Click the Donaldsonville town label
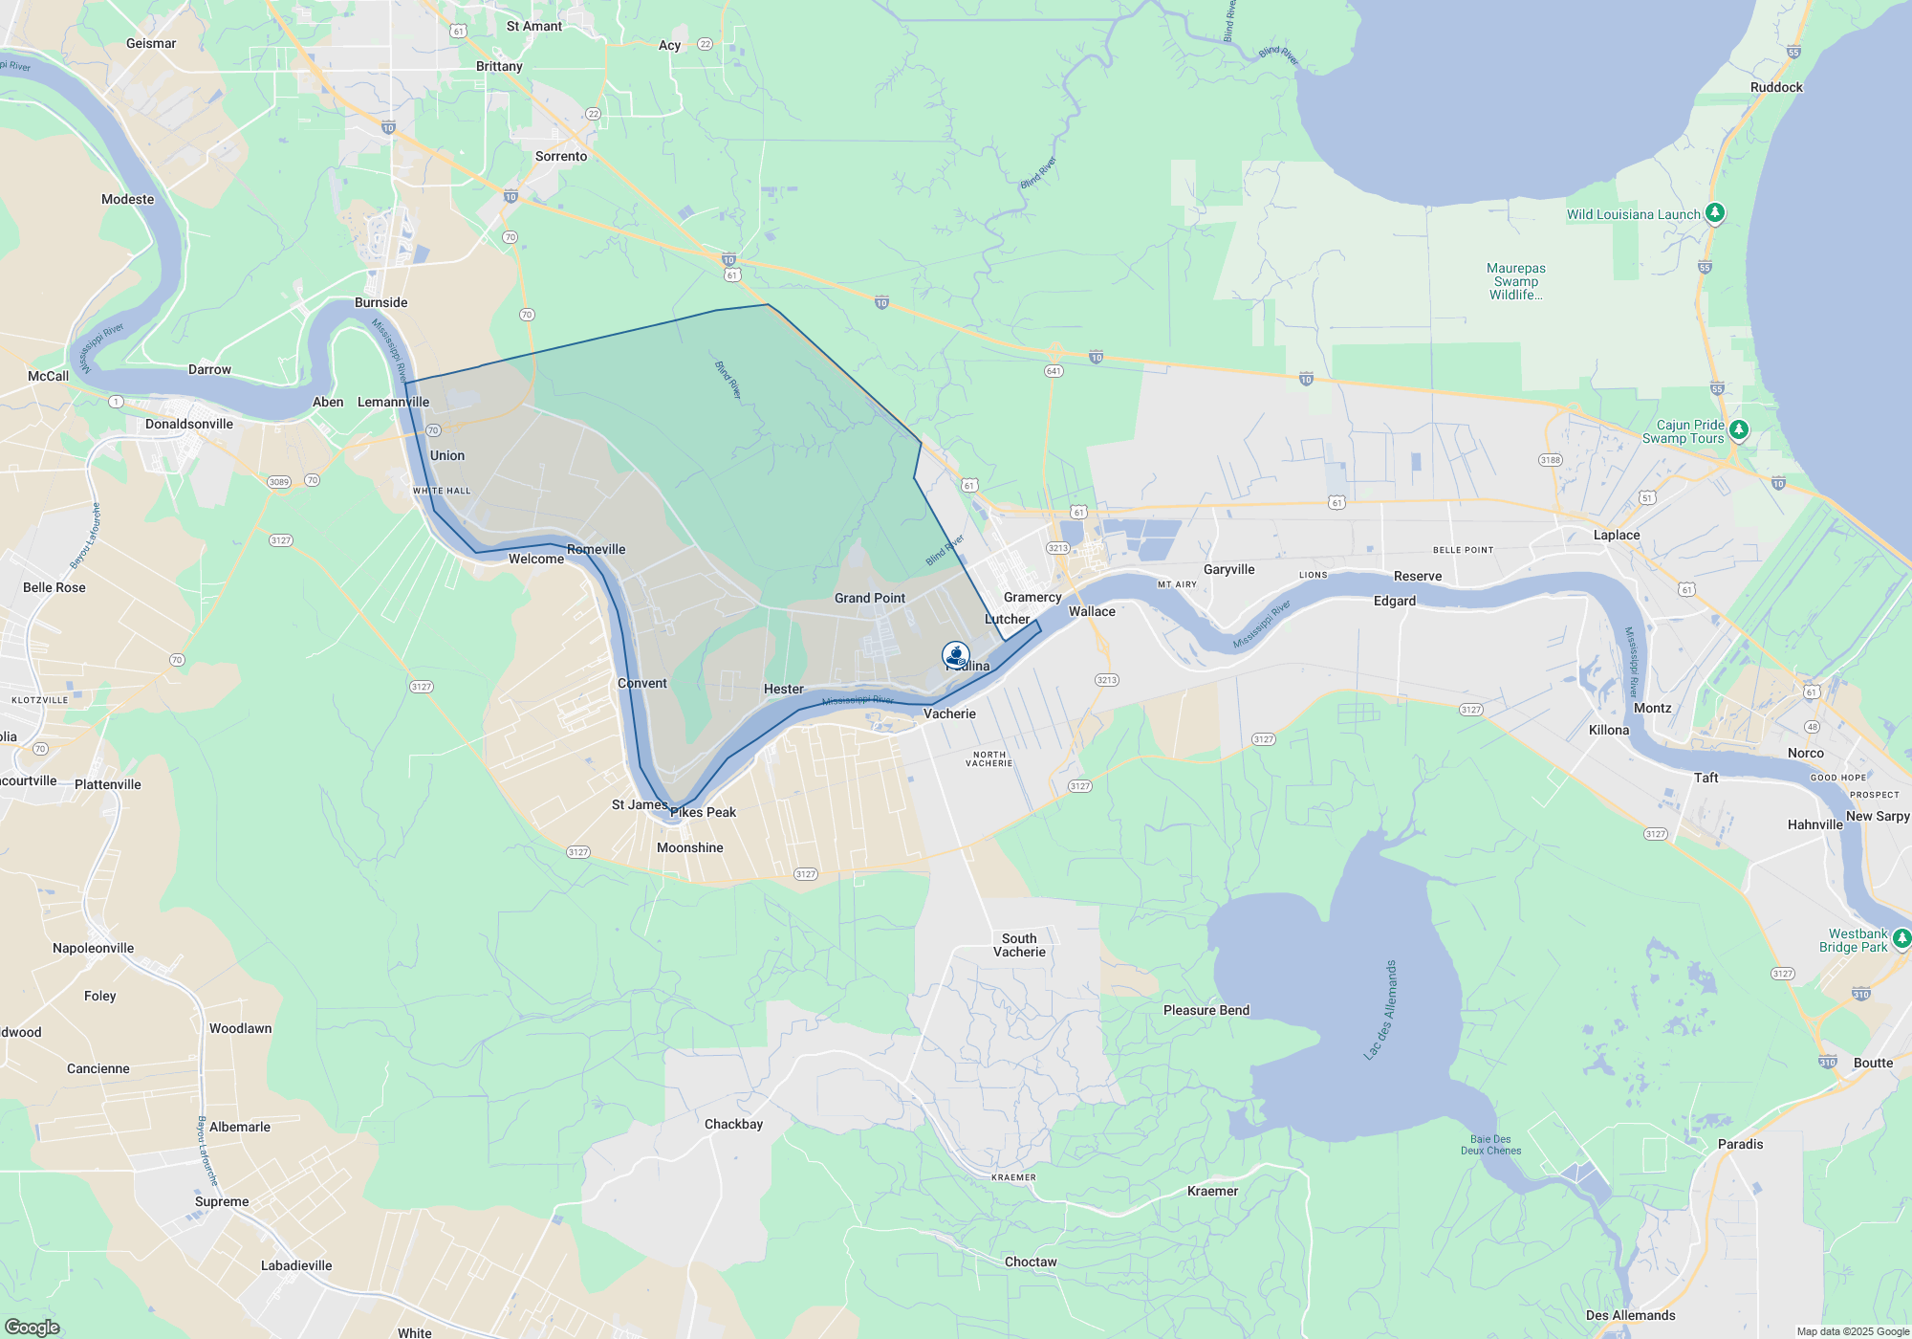(189, 424)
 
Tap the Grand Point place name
(869, 598)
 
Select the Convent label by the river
(642, 683)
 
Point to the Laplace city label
(1617, 535)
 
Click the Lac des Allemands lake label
(1380, 1010)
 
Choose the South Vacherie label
(1019, 945)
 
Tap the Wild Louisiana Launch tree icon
(1715, 212)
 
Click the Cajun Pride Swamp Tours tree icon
(1739, 429)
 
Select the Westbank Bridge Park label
(1858, 940)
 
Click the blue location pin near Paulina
(955, 655)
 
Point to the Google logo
(32, 1328)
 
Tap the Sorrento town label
(561, 156)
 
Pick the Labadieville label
(296, 1265)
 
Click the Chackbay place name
(733, 1124)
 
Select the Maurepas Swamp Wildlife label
(1515, 281)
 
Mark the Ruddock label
(1776, 87)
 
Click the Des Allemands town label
(1630, 1315)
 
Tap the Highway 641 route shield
(1054, 371)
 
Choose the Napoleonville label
(93, 948)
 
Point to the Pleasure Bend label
(1206, 1010)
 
